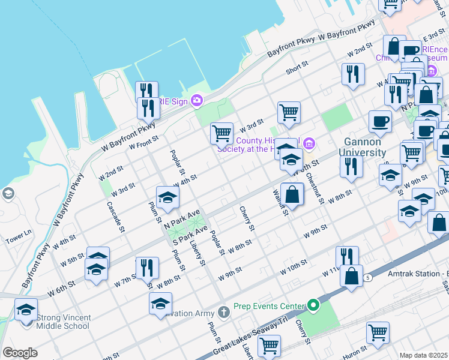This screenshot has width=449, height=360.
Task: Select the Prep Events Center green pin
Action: click(313, 306)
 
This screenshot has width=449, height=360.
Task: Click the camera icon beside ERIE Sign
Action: click(196, 100)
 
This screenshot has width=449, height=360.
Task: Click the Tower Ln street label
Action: click(18, 236)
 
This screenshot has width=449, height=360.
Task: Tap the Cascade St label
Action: click(115, 216)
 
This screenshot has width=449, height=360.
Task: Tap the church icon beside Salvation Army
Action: click(224, 312)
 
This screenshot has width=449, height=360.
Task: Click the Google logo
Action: click(20, 353)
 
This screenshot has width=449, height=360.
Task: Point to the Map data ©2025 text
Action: click(423, 355)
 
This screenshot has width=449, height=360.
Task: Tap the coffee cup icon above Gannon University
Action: click(379, 122)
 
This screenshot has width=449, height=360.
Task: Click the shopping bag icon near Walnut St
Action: click(292, 194)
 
